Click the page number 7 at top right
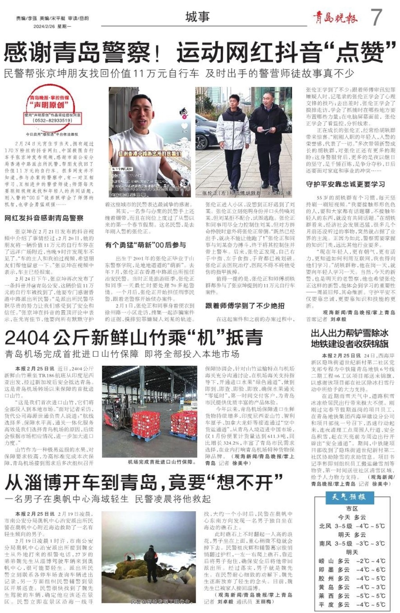[376, 17]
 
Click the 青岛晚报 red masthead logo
[335, 18]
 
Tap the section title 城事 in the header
[198, 17]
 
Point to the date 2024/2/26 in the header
[44, 26]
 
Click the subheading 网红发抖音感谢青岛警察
[44, 218]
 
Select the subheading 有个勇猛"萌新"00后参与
[145, 244]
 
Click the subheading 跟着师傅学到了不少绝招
[245, 306]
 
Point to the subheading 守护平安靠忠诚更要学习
[345, 184]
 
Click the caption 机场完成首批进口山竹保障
[160, 462]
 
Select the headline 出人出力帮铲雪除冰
[349, 333]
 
